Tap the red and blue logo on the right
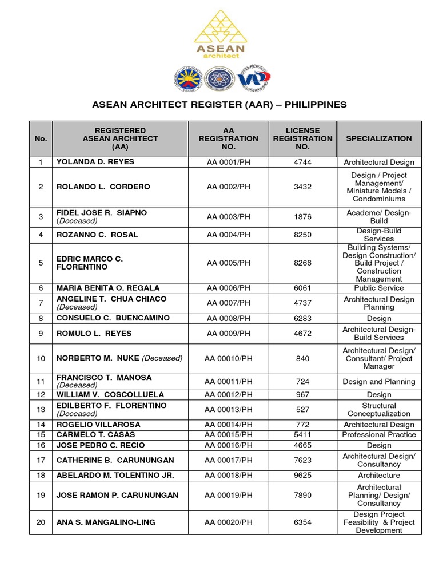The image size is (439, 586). (254, 78)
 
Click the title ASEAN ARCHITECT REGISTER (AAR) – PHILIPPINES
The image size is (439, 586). (219, 105)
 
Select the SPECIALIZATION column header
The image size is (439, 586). (378, 138)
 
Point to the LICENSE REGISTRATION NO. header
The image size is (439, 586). (302, 138)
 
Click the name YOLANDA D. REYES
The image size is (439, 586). (95, 162)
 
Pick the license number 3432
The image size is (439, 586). (302, 187)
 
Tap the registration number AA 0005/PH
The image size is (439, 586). (229, 263)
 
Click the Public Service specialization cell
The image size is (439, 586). (378, 288)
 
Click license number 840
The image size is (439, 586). (302, 358)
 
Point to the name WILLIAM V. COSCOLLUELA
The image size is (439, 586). (110, 395)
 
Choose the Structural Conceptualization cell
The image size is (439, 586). (378, 409)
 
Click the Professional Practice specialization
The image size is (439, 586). (378, 435)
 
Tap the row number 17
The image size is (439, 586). (41, 460)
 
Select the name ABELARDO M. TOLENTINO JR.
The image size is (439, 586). (115, 475)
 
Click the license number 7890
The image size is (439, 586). (302, 495)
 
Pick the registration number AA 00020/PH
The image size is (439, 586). (229, 522)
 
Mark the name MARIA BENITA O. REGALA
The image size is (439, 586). (108, 288)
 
